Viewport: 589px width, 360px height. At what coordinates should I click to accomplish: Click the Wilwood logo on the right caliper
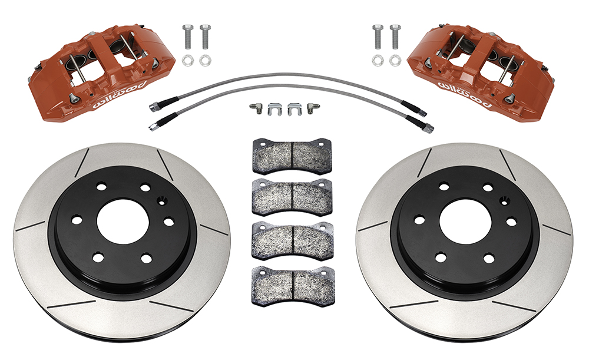point(465,93)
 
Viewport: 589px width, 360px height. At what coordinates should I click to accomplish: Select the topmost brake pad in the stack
point(292,157)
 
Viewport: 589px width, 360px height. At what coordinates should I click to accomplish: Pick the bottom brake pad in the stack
point(292,285)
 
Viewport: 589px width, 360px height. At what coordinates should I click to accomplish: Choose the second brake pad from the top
point(292,197)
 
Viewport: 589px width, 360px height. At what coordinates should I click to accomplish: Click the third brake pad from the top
point(292,241)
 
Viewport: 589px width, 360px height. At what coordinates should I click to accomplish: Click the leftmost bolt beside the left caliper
point(188,37)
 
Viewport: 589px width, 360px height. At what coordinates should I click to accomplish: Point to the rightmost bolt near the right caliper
point(395,37)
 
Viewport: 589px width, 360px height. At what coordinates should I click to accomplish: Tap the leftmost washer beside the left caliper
point(188,60)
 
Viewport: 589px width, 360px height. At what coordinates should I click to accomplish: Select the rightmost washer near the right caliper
point(395,60)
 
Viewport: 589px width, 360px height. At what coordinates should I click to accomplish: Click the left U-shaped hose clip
point(274,109)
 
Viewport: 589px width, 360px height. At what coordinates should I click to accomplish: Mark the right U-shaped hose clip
point(295,109)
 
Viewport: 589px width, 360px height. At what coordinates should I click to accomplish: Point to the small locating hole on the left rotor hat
point(162,202)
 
